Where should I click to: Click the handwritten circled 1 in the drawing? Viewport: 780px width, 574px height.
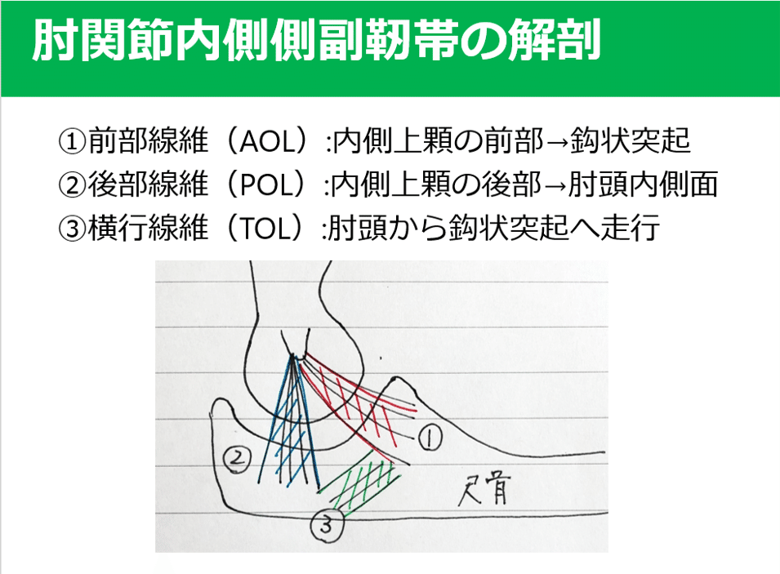(430, 438)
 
